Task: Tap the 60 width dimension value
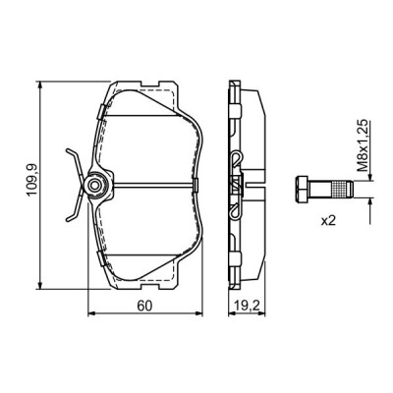144,306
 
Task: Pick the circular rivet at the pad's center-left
95,184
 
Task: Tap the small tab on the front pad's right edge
200,184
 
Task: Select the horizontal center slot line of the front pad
147,184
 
